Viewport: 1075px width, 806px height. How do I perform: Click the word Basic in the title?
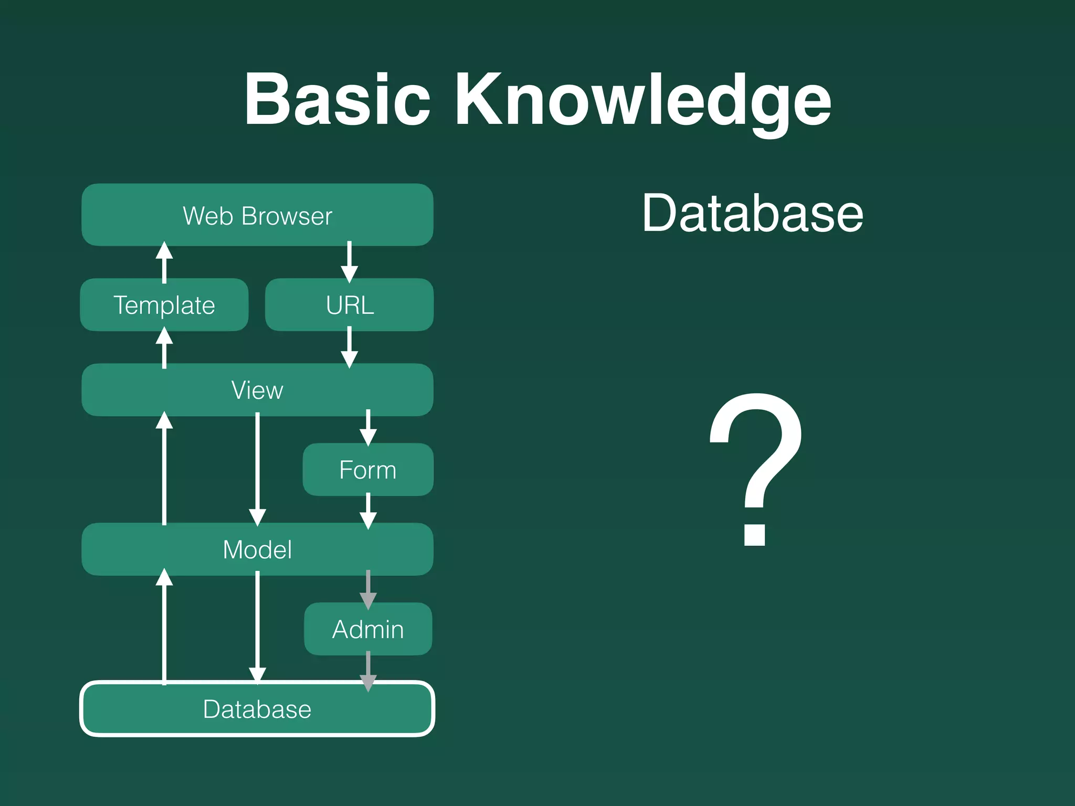click(337, 100)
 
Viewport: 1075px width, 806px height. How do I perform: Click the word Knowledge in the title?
click(642, 101)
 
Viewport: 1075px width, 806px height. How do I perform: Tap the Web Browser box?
click(257, 215)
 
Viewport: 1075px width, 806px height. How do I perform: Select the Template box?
click(164, 305)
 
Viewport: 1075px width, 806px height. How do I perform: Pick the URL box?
click(350, 305)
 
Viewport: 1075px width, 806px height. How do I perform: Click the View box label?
click(257, 390)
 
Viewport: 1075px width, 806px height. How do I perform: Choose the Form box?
click(368, 470)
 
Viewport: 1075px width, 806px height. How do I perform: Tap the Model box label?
click(257, 549)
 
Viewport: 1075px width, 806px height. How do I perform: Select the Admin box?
click(368, 629)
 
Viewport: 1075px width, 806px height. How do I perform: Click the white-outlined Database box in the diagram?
click(257, 709)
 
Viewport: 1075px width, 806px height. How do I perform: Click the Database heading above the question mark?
click(753, 213)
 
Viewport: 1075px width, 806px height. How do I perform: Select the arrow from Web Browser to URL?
click(350, 262)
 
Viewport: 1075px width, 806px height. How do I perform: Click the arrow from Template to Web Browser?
click(164, 262)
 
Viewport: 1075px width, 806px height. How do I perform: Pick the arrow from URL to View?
click(350, 347)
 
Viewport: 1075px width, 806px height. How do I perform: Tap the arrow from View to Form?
click(368, 428)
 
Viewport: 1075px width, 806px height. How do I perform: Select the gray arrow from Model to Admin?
click(368, 589)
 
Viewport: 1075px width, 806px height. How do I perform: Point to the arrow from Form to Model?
click(368, 511)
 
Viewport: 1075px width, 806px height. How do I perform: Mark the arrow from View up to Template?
click(164, 347)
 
